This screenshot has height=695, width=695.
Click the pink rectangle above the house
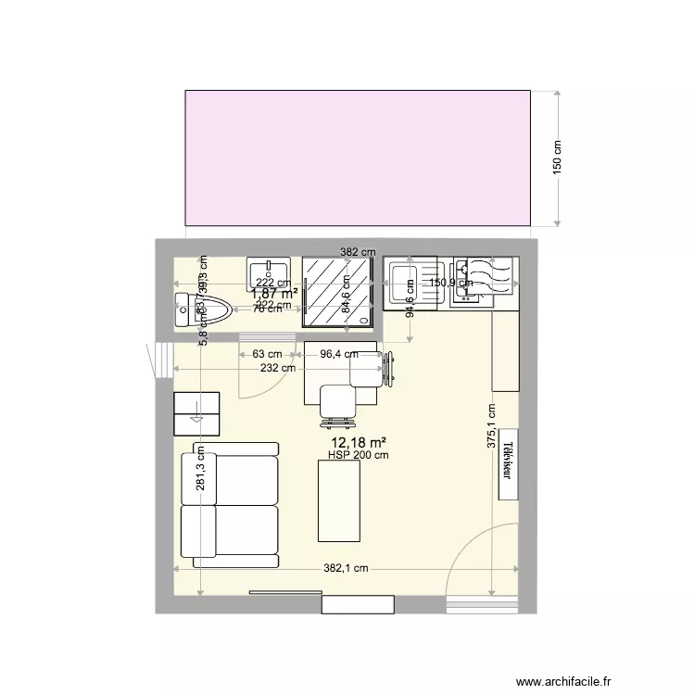[x=358, y=158]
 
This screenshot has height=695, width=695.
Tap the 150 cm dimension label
[x=557, y=159]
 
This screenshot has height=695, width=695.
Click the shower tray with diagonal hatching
[x=339, y=292]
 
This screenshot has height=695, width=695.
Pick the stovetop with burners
[x=486, y=276]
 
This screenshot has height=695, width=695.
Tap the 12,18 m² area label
[x=357, y=443]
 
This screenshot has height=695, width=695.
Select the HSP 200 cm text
[x=358, y=455]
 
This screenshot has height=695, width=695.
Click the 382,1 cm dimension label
[x=346, y=568]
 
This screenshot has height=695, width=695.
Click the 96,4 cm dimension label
[x=339, y=353]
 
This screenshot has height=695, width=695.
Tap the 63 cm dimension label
[x=267, y=353]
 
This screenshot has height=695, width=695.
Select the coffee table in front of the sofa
[x=339, y=500]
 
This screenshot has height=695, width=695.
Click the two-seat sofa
[x=230, y=504]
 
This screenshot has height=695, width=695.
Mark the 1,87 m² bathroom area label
[x=274, y=294]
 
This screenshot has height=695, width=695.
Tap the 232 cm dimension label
[x=278, y=368]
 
